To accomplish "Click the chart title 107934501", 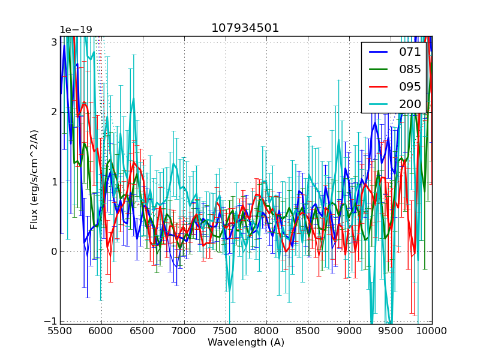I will (x=245, y=28).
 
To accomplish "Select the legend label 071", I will (x=410, y=52).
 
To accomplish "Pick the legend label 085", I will (x=410, y=69).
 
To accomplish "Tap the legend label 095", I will (x=410, y=86).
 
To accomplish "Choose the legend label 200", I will (x=410, y=104).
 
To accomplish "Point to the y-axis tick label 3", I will (x=53, y=43).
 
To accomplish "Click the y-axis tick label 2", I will (x=53, y=112).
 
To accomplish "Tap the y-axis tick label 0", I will (x=53, y=251).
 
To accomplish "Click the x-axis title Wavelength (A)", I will (x=246, y=343).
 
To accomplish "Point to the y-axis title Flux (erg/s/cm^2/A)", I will (x=35, y=179).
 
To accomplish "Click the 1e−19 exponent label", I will (x=76, y=30).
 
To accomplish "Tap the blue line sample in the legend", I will (x=377, y=52).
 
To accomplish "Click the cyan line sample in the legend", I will (x=377, y=104).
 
